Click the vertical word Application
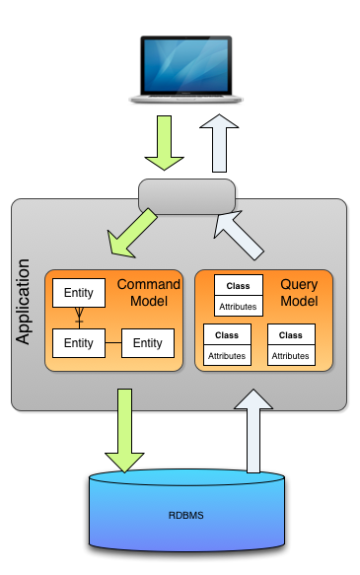[x=25, y=302]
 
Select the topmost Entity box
[x=79, y=293]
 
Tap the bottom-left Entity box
[x=79, y=343]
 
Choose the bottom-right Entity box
[x=148, y=343]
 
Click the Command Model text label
[x=149, y=293]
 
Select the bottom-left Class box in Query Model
[x=227, y=344]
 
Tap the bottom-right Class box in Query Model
[x=291, y=344]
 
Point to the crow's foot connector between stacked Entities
[x=79, y=318]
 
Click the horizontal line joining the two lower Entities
[x=112, y=343]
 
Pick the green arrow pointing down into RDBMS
[x=124, y=429]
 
